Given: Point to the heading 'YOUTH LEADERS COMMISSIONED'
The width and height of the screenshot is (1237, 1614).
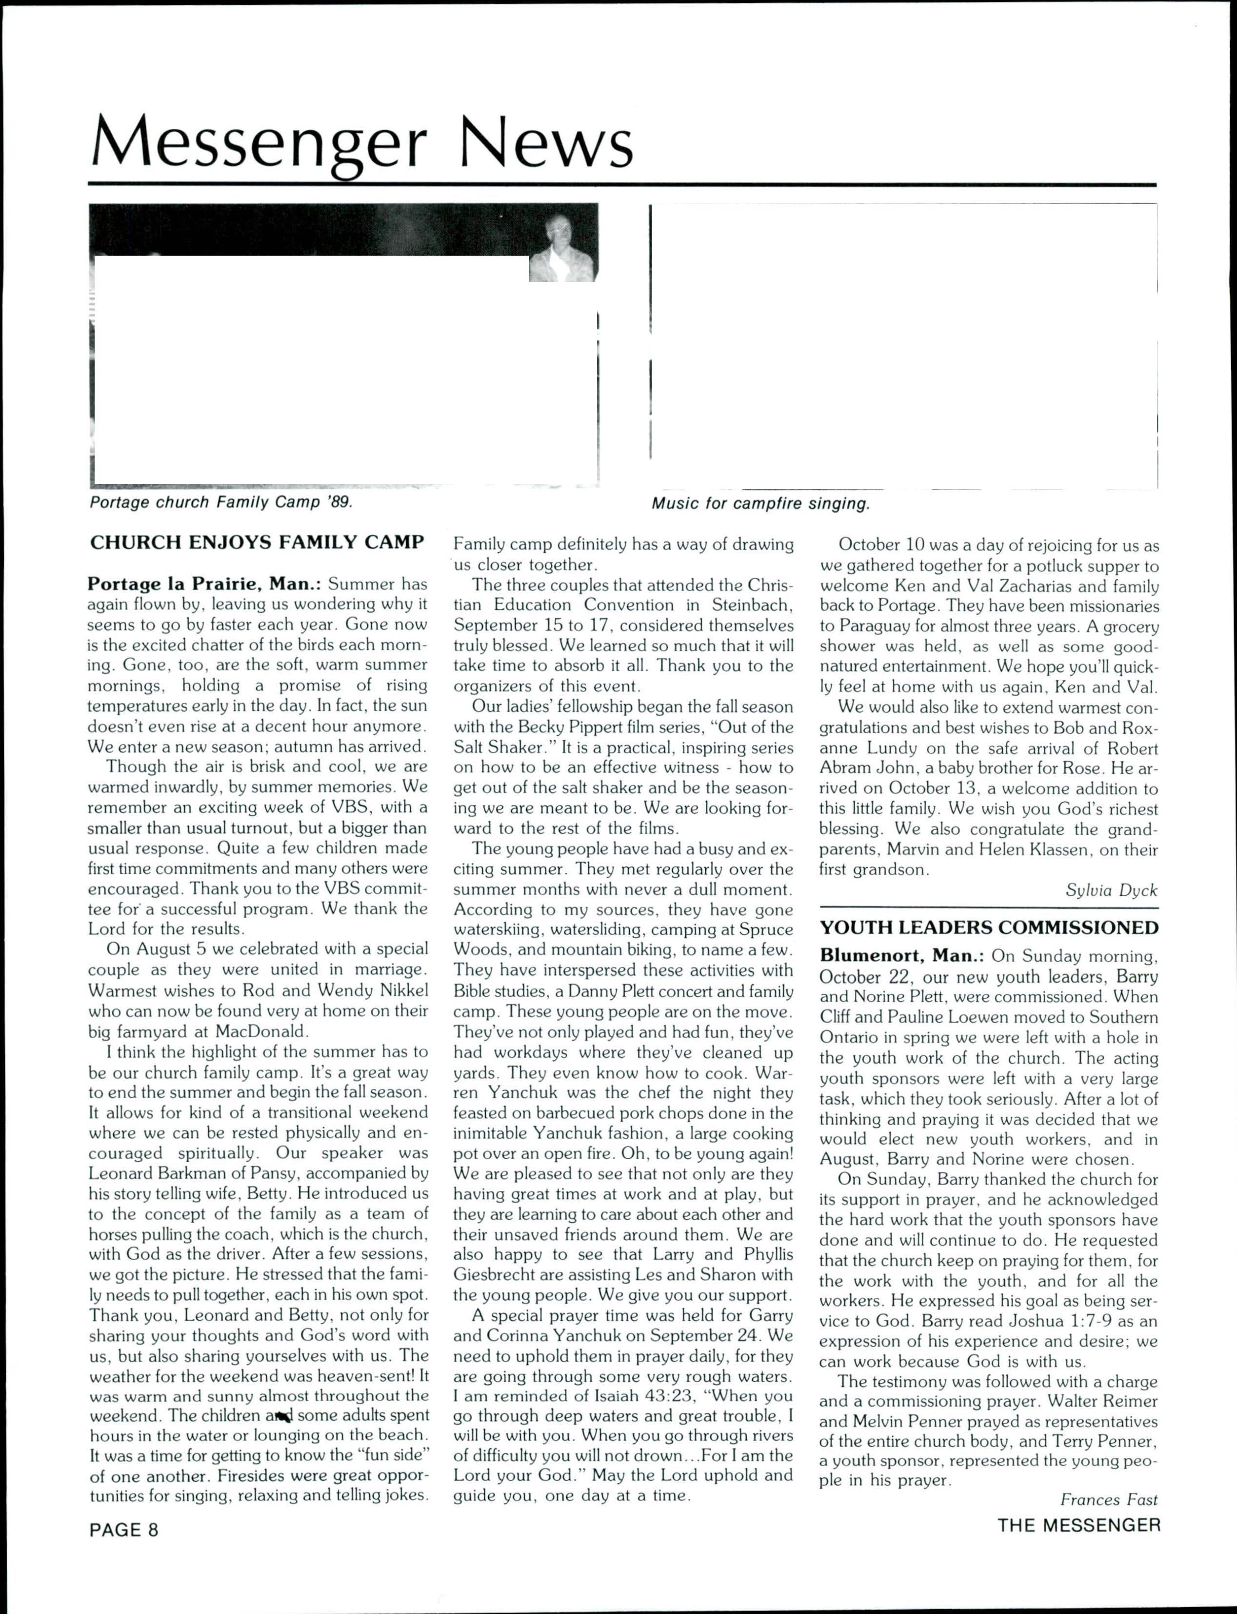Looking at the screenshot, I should coord(989,928).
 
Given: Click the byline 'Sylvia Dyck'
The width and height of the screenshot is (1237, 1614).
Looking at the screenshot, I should coord(1111,890).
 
